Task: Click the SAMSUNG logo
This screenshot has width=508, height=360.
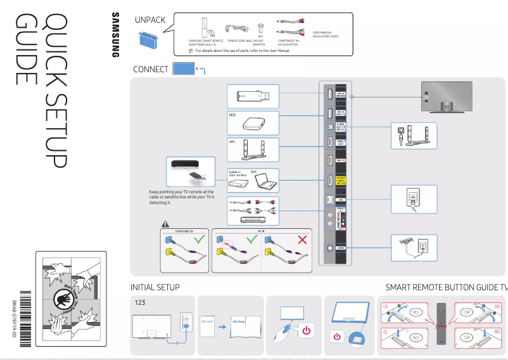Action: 115,35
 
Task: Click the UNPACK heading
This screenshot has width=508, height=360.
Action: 150,20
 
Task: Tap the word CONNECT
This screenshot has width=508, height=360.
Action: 151,69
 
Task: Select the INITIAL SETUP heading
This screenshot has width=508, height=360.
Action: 155,287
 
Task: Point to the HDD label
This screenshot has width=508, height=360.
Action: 232,115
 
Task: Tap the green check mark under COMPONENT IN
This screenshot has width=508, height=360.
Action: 200,240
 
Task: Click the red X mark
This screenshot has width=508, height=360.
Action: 302,240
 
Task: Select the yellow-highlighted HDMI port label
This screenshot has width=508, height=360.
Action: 340,181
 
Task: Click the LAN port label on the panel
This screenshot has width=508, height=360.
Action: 340,200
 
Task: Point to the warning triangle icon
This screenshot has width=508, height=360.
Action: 165,223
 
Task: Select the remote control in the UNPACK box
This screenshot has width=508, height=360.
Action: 204,29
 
